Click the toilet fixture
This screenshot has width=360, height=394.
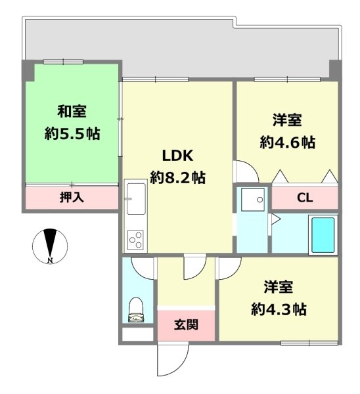[136, 309]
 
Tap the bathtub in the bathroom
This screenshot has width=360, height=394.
[323, 234]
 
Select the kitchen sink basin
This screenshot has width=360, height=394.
[136, 198]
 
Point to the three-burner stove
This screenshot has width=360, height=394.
[135, 240]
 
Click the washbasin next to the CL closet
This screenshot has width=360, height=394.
[253, 200]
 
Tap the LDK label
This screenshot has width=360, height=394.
[178, 156]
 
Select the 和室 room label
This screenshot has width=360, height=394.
[72, 112]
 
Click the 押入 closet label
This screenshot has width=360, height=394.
[72, 197]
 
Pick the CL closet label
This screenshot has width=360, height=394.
[305, 198]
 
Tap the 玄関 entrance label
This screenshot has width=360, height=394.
[186, 324]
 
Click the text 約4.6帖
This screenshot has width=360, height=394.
[288, 142]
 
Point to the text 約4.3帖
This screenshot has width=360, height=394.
[279, 309]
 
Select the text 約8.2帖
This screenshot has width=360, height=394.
[178, 178]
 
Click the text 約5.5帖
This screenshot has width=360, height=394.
[72, 134]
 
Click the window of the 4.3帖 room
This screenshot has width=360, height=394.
[309, 343]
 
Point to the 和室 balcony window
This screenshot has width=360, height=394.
[63, 62]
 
